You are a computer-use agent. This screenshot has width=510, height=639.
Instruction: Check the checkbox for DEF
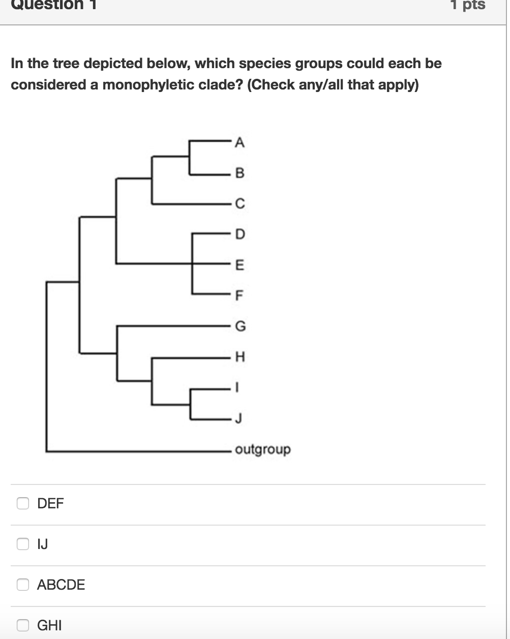pyautogui.click(x=23, y=503)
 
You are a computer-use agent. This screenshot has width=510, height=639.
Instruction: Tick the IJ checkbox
pyautogui.click(x=23, y=544)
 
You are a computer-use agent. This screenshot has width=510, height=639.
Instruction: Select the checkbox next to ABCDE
pyautogui.click(x=23, y=585)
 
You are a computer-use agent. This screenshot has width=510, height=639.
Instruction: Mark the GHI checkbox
pyautogui.click(x=23, y=625)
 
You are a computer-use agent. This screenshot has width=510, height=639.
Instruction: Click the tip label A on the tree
pyautogui.click(x=240, y=143)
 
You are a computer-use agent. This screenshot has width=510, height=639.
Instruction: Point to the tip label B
pyautogui.click(x=240, y=174)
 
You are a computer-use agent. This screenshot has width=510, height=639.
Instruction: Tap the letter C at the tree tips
pyautogui.click(x=240, y=204)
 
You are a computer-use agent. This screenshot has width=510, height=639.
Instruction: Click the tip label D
pyautogui.click(x=240, y=234)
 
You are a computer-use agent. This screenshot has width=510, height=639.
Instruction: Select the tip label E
pyautogui.click(x=240, y=265)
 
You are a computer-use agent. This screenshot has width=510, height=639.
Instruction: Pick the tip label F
pyautogui.click(x=240, y=295)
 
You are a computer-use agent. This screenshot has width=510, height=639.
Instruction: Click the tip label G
pyautogui.click(x=240, y=326)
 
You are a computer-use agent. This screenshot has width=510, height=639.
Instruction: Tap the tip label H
pyautogui.click(x=240, y=357)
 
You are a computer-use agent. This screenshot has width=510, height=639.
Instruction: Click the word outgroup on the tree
pyautogui.click(x=263, y=450)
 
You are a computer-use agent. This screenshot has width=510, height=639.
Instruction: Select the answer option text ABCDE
pyautogui.click(x=61, y=585)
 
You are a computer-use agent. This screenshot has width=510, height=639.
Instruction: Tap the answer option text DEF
pyautogui.click(x=51, y=503)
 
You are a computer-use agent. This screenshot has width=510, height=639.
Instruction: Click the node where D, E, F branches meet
pyautogui.click(x=192, y=264)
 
